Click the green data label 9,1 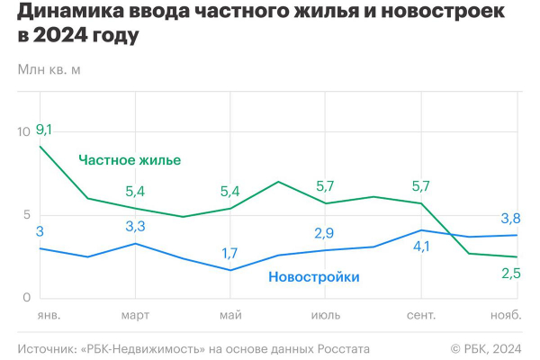click(x=43, y=130)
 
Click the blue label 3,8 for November click(x=511, y=218)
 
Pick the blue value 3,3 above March click(x=135, y=226)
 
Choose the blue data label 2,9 click(x=325, y=233)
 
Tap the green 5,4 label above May click(x=229, y=191)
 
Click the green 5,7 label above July click(x=325, y=186)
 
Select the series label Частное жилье click(x=130, y=160)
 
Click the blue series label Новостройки click(x=313, y=277)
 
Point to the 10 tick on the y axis click(x=24, y=131)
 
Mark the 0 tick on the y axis click(x=28, y=297)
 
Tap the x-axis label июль click(x=325, y=316)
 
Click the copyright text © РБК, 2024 click(x=486, y=348)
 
